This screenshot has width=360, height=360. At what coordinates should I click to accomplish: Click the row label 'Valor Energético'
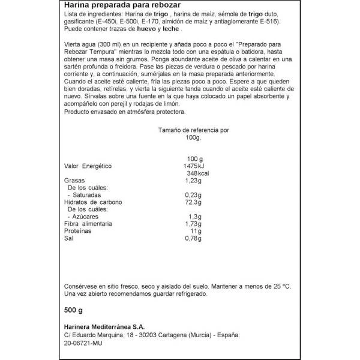coord(88,166)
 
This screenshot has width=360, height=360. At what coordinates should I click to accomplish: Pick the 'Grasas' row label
coord(74,181)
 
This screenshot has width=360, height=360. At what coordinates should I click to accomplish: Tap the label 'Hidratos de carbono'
coord(92,203)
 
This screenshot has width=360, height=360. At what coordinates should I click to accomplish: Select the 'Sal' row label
coord(68,239)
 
